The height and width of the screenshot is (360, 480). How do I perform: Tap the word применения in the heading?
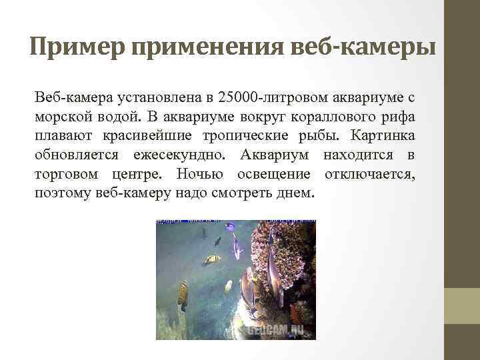(210, 48)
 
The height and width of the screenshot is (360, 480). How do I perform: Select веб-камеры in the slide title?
(366, 48)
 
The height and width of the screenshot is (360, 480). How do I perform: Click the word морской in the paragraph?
(61, 117)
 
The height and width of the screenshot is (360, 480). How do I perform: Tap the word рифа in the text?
(399, 117)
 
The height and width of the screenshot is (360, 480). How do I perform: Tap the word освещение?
(274, 175)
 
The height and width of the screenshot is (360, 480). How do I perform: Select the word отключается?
(370, 175)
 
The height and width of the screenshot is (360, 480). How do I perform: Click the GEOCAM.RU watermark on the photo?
(276, 329)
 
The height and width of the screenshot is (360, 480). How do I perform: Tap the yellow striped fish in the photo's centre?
(213, 259)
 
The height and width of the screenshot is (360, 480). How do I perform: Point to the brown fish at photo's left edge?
(183, 294)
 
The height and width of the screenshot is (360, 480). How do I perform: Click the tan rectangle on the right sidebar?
(462, 305)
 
